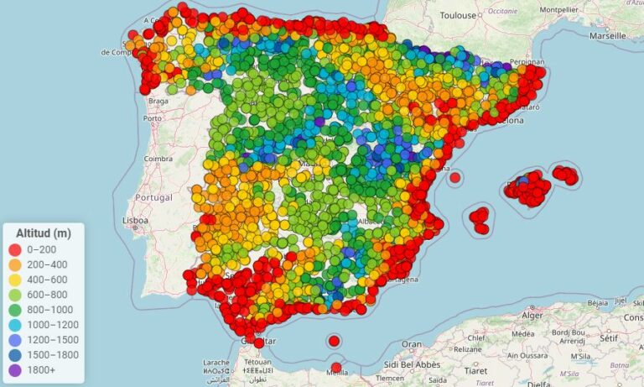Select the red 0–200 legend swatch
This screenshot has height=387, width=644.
click(15, 249)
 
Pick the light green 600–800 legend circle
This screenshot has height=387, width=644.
click(15, 295)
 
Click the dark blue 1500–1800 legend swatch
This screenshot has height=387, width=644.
click(15, 355)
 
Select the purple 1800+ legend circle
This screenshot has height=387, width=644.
click(15, 370)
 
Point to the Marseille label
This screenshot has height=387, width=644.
click(606, 36)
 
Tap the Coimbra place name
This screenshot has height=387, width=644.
click(158, 158)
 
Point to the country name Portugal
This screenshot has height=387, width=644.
click(153, 197)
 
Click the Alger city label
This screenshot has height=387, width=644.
click(532, 315)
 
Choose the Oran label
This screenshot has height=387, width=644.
click(411, 344)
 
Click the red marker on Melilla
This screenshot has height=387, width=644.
click(336, 367)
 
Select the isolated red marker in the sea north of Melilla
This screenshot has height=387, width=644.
click(334, 341)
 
